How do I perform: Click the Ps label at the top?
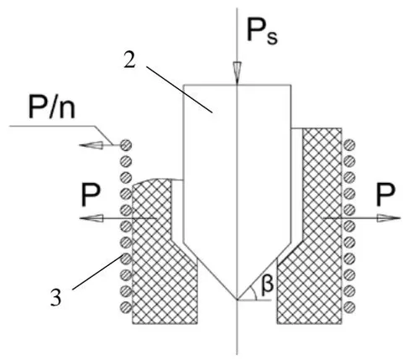pos(262,30)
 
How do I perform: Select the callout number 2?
pos(129,60)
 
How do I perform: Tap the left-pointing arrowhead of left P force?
pos(92,218)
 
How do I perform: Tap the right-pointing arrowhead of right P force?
pos(389,218)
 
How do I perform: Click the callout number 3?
pos(55,298)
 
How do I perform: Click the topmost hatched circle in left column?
pos(126,145)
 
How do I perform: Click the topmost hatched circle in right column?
pos(349,145)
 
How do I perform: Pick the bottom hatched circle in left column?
pos(126,308)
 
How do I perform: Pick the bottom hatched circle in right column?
pos(349,308)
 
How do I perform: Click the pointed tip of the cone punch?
pos(237,300)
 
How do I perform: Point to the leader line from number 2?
pos(180,90)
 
